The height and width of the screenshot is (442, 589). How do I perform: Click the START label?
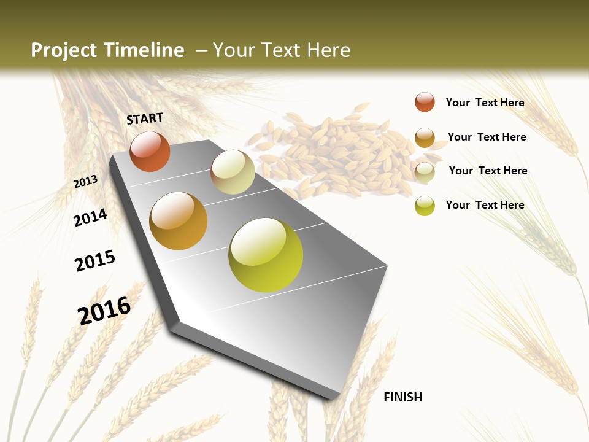click(145, 118)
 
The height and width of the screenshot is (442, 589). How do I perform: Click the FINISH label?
click(402, 397)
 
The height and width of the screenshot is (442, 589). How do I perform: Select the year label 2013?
click(85, 181)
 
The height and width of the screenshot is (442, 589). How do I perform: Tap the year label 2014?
click(90, 218)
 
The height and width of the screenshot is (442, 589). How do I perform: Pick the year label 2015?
click(95, 261)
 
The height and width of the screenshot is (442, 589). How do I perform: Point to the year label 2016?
click(104, 311)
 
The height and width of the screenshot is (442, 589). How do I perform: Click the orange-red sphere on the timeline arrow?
click(150, 152)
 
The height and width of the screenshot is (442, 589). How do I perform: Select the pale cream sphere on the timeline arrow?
click(233, 172)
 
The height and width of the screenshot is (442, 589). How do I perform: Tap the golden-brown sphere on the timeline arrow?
click(178, 221)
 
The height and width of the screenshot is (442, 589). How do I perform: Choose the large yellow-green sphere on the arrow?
click(266, 255)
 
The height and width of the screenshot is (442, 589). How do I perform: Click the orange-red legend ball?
click(425, 102)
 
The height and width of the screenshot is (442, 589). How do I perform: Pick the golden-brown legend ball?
click(425, 138)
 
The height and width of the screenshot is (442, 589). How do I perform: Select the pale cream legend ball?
click(425, 172)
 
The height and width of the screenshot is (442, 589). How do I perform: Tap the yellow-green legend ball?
click(425, 206)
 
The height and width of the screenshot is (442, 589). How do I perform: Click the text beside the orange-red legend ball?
click(485, 103)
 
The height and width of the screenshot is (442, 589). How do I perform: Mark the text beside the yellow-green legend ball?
click(485, 205)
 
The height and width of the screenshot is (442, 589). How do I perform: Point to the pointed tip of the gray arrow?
click(334, 396)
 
